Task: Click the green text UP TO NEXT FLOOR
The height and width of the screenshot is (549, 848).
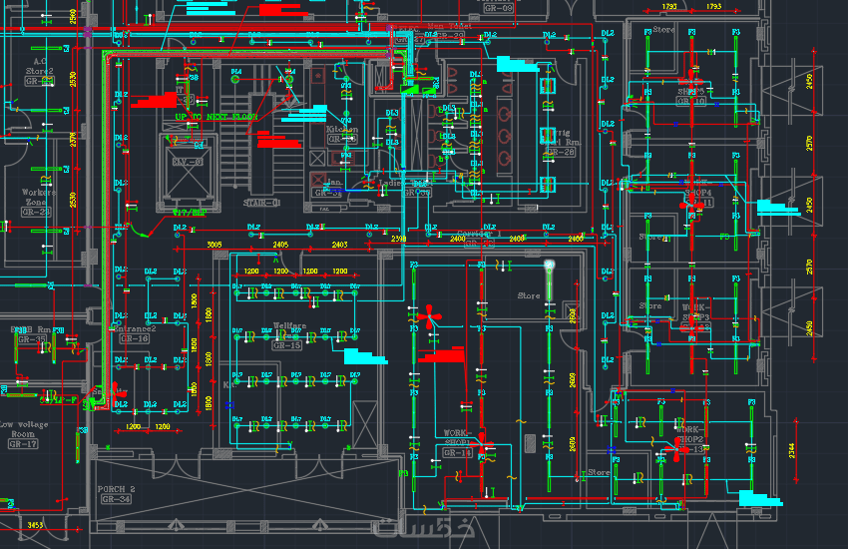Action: tap(215, 117)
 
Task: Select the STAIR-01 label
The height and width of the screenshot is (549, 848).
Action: tap(261, 203)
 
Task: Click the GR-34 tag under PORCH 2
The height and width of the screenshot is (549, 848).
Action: tap(116, 499)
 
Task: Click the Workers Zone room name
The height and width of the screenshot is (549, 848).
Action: tap(37, 197)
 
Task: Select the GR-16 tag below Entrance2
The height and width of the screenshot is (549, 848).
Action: tap(134, 339)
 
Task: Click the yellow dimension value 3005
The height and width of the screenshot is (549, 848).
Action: tap(213, 245)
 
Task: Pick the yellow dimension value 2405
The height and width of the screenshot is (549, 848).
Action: tap(280, 245)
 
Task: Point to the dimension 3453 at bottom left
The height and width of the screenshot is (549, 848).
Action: tap(34, 524)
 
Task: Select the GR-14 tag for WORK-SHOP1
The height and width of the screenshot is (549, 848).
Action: tap(458, 452)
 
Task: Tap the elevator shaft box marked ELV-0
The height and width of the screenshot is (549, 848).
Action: tap(188, 163)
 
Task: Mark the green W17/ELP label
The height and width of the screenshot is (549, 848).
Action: tap(190, 212)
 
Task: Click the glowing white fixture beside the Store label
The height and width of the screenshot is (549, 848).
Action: tap(549, 268)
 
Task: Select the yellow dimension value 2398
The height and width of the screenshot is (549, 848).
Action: tap(399, 240)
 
